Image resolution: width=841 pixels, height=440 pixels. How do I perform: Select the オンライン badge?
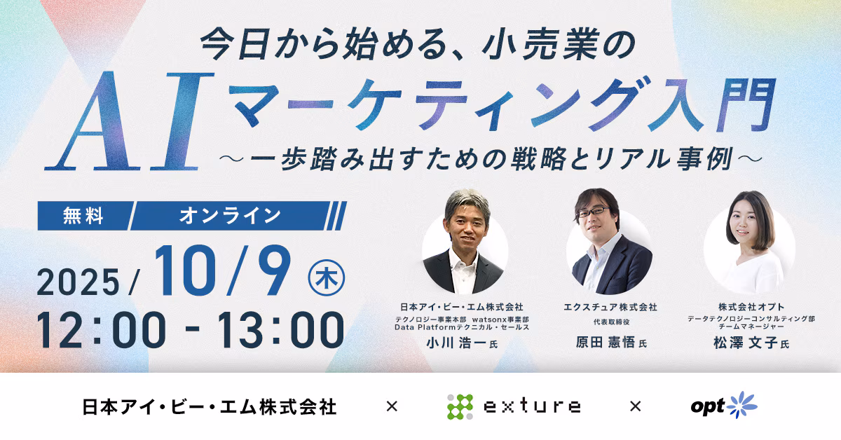[x=230, y=216]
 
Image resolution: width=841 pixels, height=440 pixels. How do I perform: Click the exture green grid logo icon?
[x=460, y=406]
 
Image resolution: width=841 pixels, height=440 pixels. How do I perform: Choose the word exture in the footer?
[x=533, y=406]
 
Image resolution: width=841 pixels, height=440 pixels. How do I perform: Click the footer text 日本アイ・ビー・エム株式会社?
[x=210, y=406]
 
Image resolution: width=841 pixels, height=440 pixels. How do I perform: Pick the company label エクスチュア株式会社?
[x=610, y=307]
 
